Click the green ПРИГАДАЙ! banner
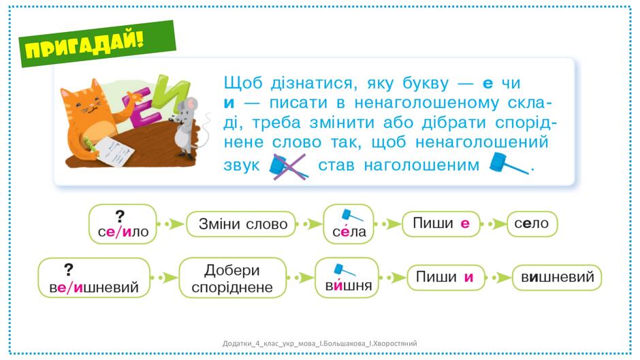click(x=98, y=44)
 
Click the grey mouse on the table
click(x=186, y=127)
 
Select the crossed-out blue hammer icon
click(x=289, y=166)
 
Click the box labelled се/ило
click(x=123, y=224)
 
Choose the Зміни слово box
click(x=241, y=224)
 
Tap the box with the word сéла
click(x=349, y=224)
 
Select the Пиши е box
click(x=441, y=224)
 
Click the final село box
click(x=532, y=224)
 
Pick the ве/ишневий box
click(x=94, y=278)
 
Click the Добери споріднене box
click(x=232, y=278)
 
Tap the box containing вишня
click(x=347, y=278)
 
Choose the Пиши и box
click(x=446, y=278)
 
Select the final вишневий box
click(x=557, y=278)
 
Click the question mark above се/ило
click(x=120, y=216)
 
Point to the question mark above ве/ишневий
click(x=69, y=269)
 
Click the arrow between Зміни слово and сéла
click(x=309, y=224)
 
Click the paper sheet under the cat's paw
click(x=115, y=151)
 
